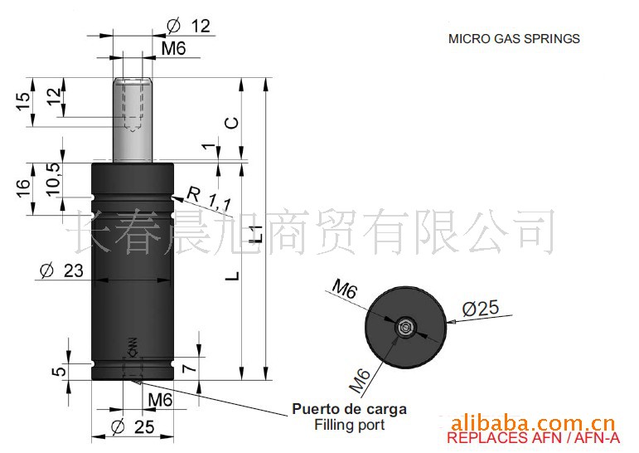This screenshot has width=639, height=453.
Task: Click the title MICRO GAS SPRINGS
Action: tap(514, 39)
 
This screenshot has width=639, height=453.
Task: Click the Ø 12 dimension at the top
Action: tap(189, 26)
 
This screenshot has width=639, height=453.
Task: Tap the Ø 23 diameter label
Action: tap(62, 270)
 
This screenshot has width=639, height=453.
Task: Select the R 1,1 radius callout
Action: tap(209, 198)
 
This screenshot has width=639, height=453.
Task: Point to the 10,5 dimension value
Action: tap(54, 179)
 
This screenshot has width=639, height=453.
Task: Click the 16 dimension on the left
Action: tap(24, 188)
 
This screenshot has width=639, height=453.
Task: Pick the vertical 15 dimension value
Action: tap(23, 100)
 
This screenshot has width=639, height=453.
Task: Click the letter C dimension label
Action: tap(233, 123)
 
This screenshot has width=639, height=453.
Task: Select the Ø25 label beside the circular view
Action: tap(481, 308)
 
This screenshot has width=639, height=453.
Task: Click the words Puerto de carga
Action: tap(350, 409)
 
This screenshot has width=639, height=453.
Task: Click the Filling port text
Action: tap(349, 425)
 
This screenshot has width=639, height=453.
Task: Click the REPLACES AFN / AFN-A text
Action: tap(534, 438)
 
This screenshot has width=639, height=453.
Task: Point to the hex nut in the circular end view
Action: tap(405, 328)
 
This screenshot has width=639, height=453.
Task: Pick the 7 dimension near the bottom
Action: tap(190, 368)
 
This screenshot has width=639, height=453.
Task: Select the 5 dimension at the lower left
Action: tap(60, 372)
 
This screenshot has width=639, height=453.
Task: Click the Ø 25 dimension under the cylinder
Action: tap(133, 427)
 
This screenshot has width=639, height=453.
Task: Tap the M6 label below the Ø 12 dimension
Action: tap(173, 49)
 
